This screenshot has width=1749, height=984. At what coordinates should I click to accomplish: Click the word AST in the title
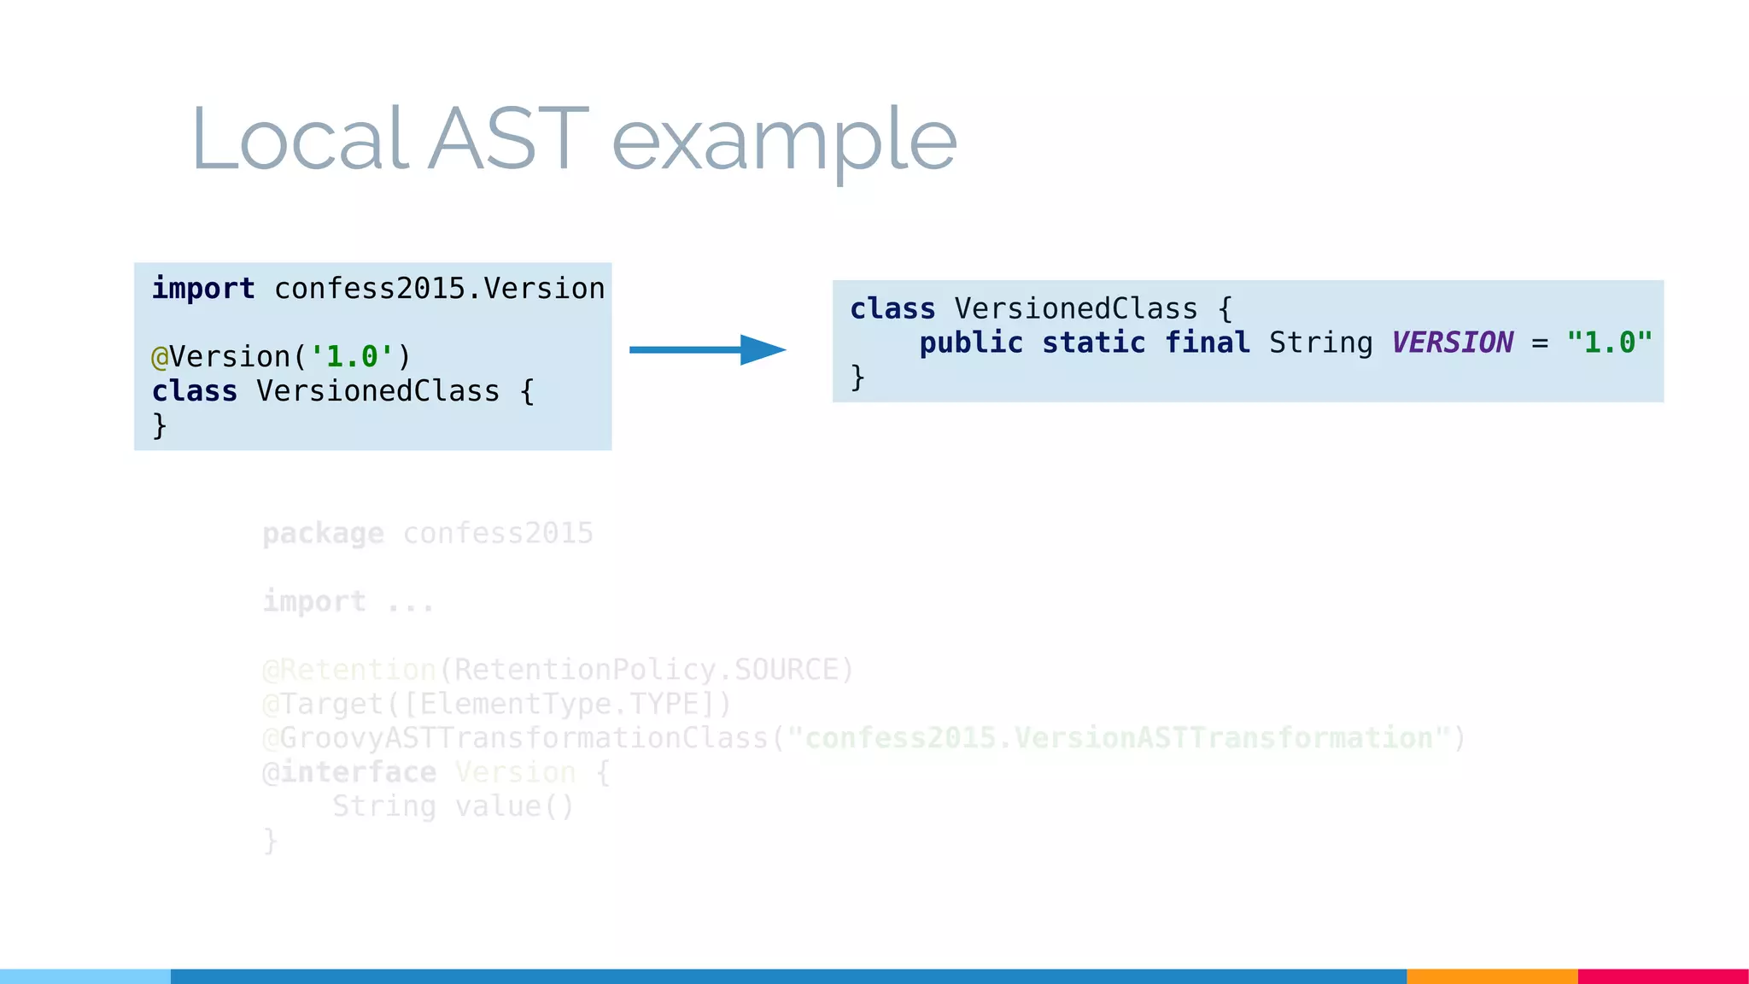(509, 138)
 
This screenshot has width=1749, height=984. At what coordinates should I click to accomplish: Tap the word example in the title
(784, 141)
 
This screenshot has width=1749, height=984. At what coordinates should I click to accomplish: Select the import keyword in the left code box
(203, 289)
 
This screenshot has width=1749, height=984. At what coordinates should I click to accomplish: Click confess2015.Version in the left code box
(439, 289)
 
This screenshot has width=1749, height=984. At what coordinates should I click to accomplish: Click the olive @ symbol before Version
(160, 357)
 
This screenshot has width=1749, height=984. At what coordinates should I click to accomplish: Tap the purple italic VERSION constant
(1452, 343)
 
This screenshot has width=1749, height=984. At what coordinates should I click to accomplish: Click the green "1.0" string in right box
(1609, 343)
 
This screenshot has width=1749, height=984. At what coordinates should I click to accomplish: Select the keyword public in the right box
(971, 343)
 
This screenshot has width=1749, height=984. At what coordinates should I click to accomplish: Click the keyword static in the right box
(1093, 343)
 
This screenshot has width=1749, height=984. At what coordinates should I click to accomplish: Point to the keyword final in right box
(1207, 343)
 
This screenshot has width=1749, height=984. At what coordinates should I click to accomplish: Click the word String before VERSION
(1320, 343)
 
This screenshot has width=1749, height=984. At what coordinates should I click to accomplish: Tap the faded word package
(323, 534)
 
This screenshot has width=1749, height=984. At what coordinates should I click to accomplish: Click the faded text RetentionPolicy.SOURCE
(646, 670)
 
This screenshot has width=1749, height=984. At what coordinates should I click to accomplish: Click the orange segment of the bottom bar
(1491, 976)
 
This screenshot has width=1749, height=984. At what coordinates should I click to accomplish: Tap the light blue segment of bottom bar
(85, 976)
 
